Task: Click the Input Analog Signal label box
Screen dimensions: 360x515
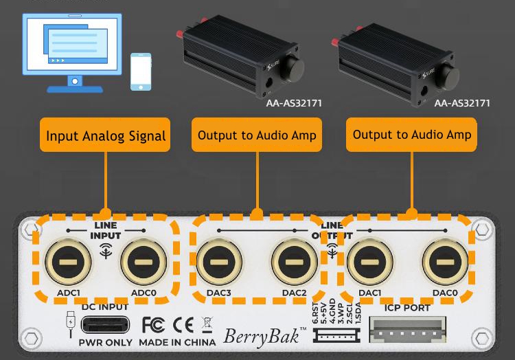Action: [106, 135]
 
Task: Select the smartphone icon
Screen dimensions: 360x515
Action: [141, 71]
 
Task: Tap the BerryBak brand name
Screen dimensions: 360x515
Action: [263, 337]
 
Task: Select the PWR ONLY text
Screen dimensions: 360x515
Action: [105, 341]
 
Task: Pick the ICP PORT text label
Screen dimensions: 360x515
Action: [407, 308]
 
